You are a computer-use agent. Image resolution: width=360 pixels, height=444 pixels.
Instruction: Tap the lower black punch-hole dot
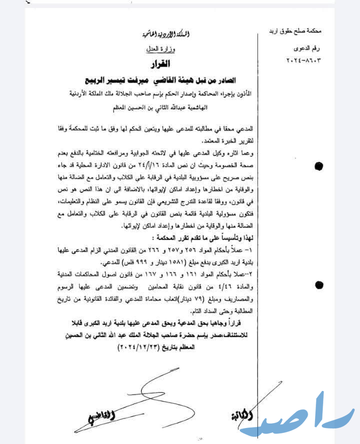(318, 285)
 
